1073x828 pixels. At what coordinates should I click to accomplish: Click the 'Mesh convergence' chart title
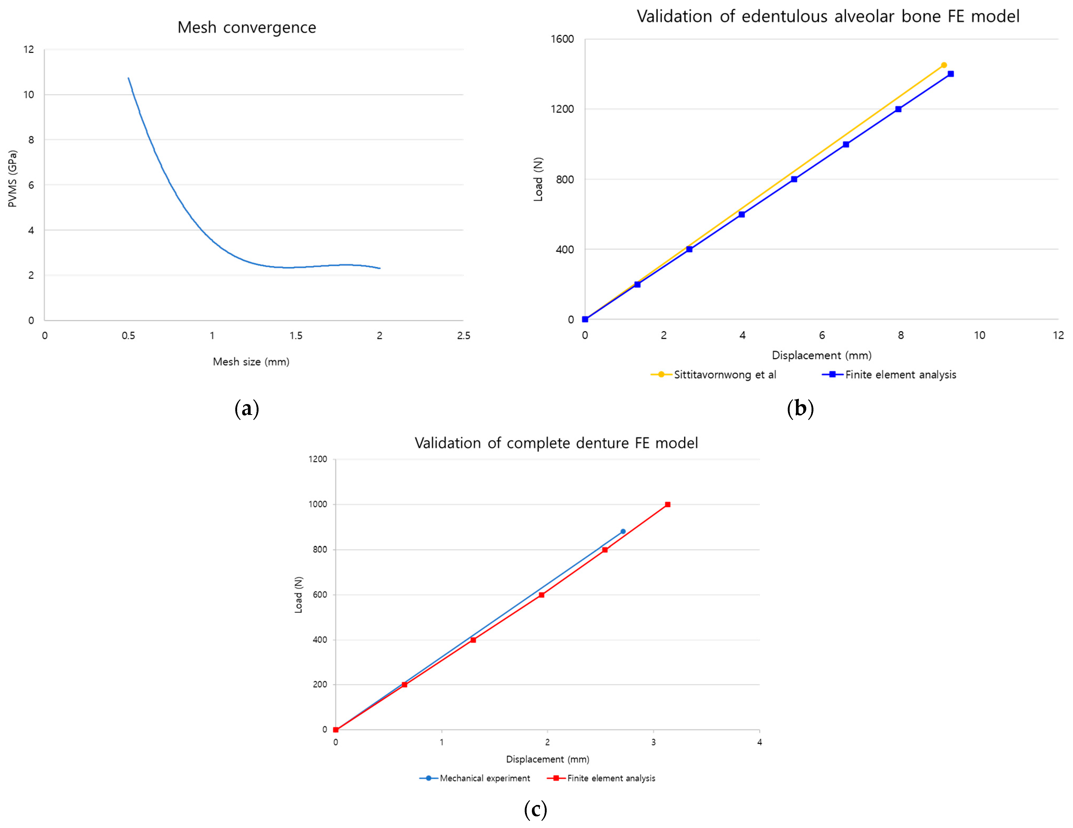pyautogui.click(x=247, y=28)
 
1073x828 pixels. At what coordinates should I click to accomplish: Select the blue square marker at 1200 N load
pyautogui.click(x=898, y=109)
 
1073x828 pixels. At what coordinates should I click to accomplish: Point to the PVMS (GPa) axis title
pyautogui.click(x=13, y=179)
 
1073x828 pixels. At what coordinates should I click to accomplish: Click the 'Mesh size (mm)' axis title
pyautogui.click(x=251, y=362)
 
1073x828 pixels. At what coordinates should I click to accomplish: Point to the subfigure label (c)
pyautogui.click(x=535, y=809)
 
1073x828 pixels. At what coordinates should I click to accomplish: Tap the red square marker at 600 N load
pyautogui.click(x=541, y=594)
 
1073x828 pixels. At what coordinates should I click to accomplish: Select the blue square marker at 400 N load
pyautogui.click(x=689, y=249)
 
